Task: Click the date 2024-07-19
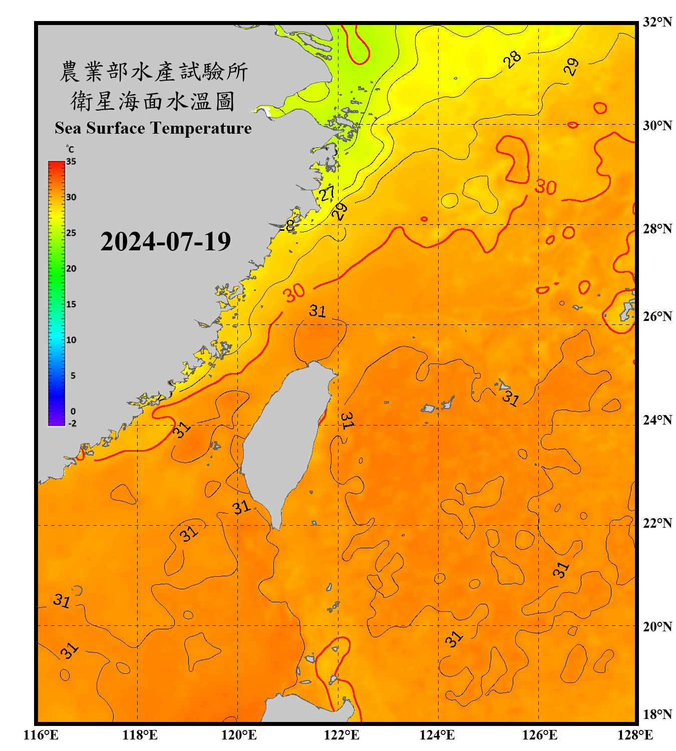[165, 242]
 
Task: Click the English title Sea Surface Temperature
[153, 128]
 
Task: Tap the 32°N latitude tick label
[657, 22]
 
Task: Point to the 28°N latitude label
[657, 229]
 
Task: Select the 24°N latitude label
[657, 420]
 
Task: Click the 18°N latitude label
[657, 714]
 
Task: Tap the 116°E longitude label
[41, 735]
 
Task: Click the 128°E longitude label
[635, 735]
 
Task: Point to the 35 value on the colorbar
[71, 162]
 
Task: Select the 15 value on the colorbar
[71, 304]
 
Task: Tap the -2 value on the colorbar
[72, 424]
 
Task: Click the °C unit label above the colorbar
[70, 149]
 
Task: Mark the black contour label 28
[512, 60]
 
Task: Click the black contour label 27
[327, 193]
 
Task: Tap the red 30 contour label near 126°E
[545, 187]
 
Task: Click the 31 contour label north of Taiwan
[317, 311]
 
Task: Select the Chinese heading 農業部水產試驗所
[153, 72]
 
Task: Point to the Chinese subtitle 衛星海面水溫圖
[153, 101]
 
